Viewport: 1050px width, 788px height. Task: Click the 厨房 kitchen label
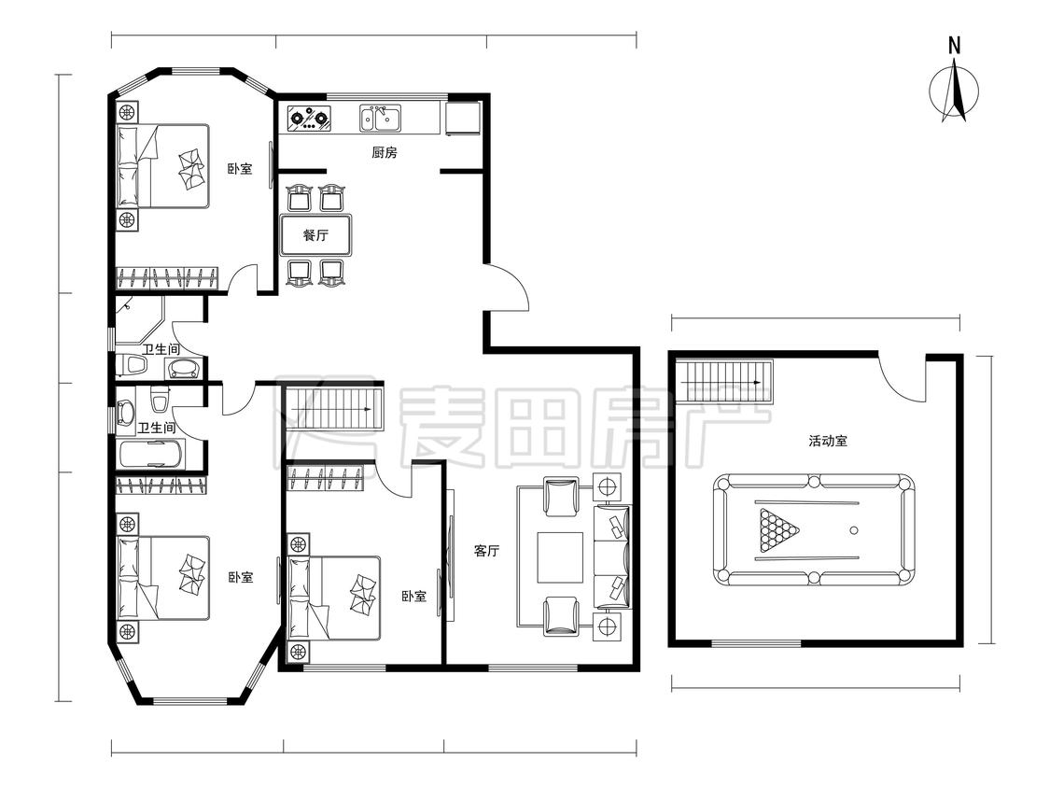click(385, 153)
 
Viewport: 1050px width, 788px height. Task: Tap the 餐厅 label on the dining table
click(315, 235)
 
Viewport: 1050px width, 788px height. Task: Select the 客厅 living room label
click(487, 551)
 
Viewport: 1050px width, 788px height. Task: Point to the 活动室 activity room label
click(829, 441)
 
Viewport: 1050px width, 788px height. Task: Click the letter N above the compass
click(954, 46)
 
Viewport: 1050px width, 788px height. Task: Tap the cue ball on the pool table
click(854, 530)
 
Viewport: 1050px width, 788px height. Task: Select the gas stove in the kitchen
click(310, 118)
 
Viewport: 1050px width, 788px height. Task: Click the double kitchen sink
click(380, 118)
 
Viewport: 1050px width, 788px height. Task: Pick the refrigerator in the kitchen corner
click(463, 118)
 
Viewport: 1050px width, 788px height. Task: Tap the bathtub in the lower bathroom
click(150, 455)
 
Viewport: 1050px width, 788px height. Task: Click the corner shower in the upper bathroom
click(139, 320)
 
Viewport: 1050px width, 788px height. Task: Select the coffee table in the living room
click(560, 557)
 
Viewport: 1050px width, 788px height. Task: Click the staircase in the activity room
click(724, 383)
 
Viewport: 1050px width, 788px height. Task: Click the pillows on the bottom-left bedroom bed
click(191, 575)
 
